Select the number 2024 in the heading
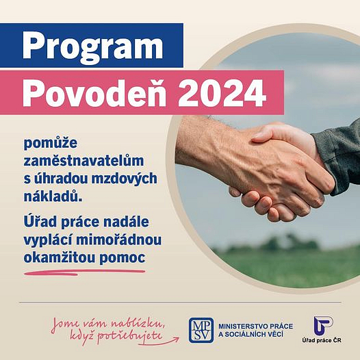pos(222,93)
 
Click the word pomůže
pos(51,144)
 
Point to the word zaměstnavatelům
pos(83,161)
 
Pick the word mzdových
pos(124,179)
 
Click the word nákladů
pos(53,196)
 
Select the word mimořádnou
pos(118,240)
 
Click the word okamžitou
pos(60,257)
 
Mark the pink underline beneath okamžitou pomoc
pos(84,272)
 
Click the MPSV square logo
pos(201,330)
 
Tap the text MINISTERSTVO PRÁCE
pos(255,326)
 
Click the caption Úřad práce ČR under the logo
pos(322,340)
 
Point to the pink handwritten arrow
pos(159,342)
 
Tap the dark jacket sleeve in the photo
pos(337,156)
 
